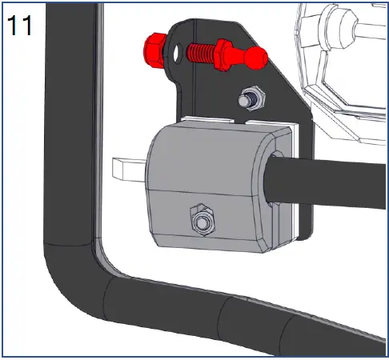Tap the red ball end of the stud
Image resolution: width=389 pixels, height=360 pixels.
[254, 58]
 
